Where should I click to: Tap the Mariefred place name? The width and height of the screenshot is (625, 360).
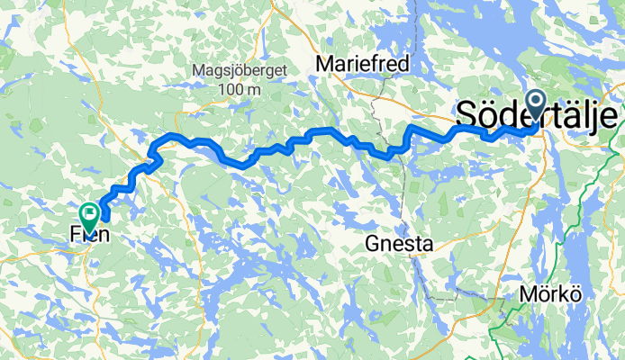[363, 64]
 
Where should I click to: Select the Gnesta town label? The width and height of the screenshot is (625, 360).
[400, 243]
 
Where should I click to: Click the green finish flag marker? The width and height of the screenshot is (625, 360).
[90, 214]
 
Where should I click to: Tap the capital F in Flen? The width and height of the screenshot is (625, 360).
[75, 238]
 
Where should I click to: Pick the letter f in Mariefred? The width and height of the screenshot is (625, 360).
[375, 64]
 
